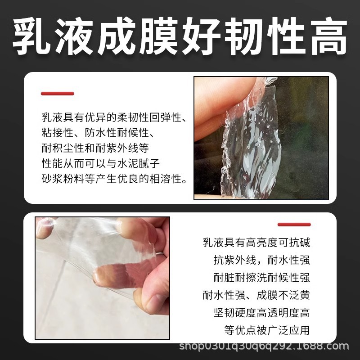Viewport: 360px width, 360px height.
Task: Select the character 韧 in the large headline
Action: click(x=243, y=37)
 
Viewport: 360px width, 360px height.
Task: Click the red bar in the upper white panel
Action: click(x=58, y=94)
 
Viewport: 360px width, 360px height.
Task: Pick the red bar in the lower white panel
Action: click(x=294, y=224)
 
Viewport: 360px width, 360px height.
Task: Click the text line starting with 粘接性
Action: click(x=98, y=133)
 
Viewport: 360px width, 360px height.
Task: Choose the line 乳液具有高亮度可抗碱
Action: click(x=256, y=243)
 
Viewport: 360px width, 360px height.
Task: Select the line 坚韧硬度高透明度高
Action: click(x=261, y=312)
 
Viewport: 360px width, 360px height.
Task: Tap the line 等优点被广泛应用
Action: click(x=267, y=330)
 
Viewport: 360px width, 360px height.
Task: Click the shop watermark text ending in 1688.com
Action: click(x=264, y=346)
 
